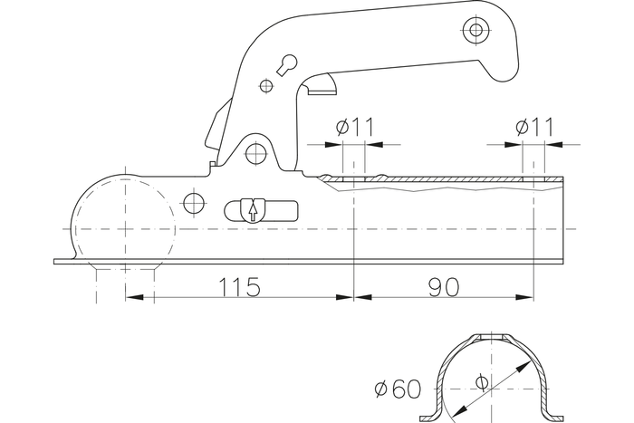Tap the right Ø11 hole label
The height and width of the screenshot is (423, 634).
(534, 128)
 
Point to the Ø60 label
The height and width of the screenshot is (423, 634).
(398, 390)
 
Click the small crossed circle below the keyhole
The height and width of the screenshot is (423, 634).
(265, 86)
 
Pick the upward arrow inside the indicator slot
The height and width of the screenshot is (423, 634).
(252, 211)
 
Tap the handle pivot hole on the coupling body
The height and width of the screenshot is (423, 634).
(256, 151)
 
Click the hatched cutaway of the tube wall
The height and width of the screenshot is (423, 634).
(435, 184)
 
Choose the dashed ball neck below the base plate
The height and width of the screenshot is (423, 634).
(126, 281)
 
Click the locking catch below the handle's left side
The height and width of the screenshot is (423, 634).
(218, 128)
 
